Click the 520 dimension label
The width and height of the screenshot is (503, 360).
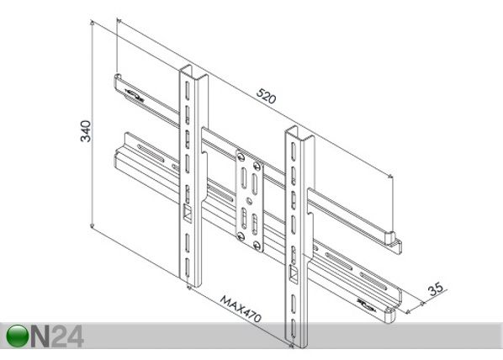tap(266, 96)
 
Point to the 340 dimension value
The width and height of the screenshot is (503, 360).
tap(86, 131)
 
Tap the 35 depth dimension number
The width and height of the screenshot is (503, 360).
tap(436, 289)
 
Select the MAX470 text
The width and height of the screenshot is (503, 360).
tap(241, 309)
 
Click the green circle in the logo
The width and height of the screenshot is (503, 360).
tap(18, 336)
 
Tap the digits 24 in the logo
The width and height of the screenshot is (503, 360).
tap(67, 336)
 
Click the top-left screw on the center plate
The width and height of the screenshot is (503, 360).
tap(241, 156)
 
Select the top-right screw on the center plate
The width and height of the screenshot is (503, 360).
tap(257, 166)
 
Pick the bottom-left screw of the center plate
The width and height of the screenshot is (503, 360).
tap(241, 236)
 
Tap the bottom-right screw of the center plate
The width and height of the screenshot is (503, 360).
tap(257, 246)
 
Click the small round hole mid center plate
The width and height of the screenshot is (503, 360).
tap(249, 201)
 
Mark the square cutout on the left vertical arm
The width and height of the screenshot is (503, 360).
tap(187, 212)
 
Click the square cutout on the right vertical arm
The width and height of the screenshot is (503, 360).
tap(294, 273)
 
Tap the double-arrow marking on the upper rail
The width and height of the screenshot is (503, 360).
tap(134, 95)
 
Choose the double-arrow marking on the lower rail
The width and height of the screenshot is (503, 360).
tap(366, 305)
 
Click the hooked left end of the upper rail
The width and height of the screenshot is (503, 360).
tap(118, 79)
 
